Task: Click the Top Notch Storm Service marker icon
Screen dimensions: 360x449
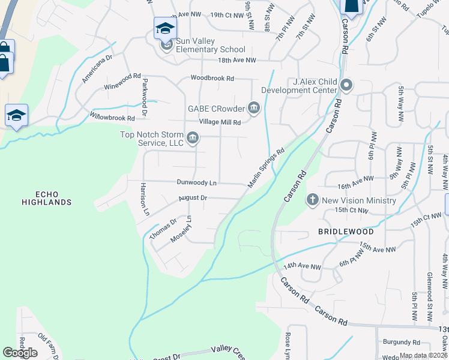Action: tap(192, 139)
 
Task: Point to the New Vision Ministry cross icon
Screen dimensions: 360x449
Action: tap(312, 200)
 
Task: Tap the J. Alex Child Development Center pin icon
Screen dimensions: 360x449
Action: tap(346, 86)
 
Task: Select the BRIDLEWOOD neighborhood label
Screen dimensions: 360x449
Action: tap(345, 231)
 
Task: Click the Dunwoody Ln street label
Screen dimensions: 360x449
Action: tap(196, 182)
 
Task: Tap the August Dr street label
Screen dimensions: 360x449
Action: tap(192, 197)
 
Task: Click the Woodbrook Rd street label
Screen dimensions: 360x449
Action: tap(212, 78)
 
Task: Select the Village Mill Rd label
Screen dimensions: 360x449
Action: tap(220, 122)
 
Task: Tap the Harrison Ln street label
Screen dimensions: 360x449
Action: tap(143, 199)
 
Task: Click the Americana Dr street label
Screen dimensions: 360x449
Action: tap(98, 70)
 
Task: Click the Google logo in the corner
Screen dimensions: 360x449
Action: tap(20, 353)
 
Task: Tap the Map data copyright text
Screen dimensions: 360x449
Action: tap(423, 355)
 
